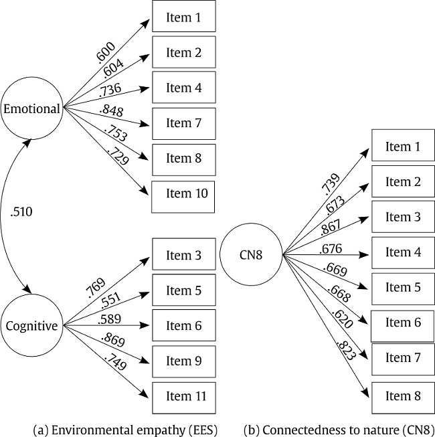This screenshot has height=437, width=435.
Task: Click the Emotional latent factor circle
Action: coord(31,108)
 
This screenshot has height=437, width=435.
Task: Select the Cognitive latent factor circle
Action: coord(31,327)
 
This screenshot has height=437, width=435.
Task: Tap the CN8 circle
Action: coord(250,254)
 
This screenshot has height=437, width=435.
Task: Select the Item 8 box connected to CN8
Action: coord(403,396)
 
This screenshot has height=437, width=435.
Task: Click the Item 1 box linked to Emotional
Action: coord(183,17)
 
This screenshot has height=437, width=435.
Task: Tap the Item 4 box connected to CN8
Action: coord(403,253)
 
